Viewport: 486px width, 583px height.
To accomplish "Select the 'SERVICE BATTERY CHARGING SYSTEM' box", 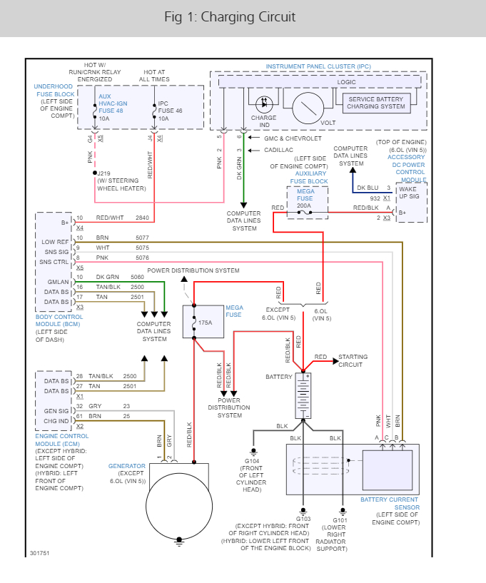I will coord(375,103).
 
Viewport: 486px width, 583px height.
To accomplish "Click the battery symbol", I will coord(303,395).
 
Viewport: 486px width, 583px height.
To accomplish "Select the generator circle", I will coord(178,505).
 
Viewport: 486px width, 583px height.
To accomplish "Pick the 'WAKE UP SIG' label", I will coord(409,193).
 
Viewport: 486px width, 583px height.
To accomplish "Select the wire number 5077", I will coord(143,238).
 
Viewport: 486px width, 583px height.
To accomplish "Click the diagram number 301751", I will coord(40,552).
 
